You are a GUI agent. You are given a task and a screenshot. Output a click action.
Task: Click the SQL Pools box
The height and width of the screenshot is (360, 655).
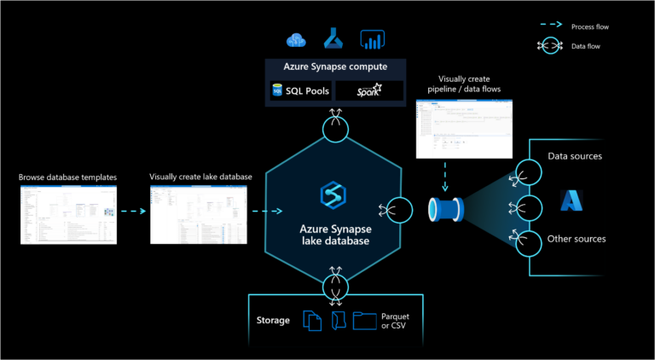[x=298, y=90]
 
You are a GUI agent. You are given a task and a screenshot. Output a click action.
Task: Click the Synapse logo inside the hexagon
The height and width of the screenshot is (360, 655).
[x=331, y=195]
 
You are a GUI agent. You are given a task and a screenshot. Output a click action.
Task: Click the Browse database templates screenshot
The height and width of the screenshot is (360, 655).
[x=68, y=214]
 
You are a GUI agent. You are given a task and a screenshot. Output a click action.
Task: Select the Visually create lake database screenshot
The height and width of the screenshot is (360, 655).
[x=200, y=214]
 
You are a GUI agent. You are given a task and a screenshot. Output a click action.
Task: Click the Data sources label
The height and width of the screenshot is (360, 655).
[x=574, y=156]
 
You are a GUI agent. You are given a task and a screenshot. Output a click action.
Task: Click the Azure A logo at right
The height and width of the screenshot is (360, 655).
[x=571, y=200]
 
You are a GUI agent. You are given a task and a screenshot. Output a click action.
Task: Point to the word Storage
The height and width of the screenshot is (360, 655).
[x=273, y=321]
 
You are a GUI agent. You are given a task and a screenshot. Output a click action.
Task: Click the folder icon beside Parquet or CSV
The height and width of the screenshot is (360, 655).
[x=364, y=321]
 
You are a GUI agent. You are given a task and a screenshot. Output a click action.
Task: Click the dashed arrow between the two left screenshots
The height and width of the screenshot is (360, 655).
[x=133, y=211]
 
